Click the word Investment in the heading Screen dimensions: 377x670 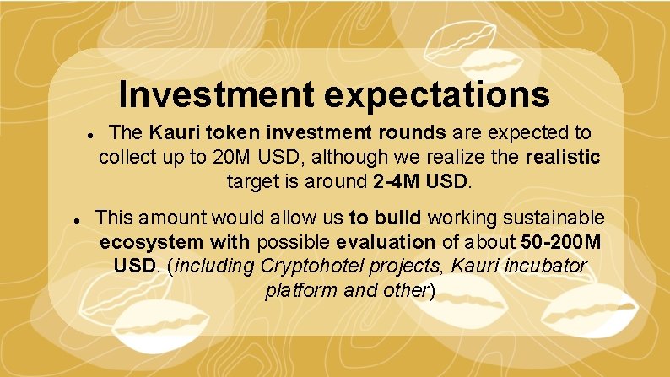[x=215, y=94]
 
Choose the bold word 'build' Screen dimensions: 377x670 [x=396, y=218]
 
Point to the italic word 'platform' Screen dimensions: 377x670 [x=296, y=291]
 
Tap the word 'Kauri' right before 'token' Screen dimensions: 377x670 [x=172, y=133]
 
